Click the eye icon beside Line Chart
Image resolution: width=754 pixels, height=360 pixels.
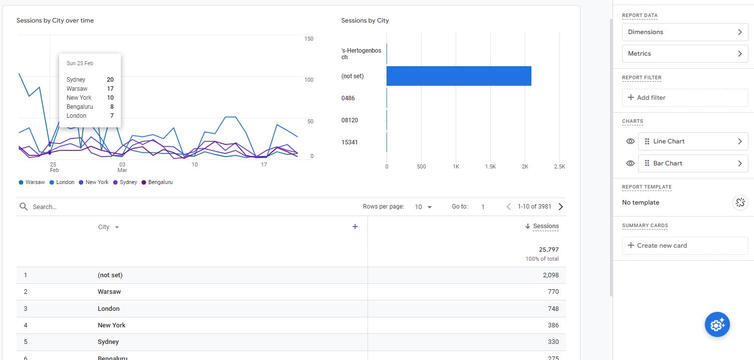point(630,141)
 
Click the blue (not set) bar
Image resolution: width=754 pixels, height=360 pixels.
point(458,76)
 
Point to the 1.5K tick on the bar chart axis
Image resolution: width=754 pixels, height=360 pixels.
point(490,166)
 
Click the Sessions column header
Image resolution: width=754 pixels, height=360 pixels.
point(545,226)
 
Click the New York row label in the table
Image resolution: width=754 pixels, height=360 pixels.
point(111,325)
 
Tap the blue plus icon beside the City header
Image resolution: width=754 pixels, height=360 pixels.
point(355,227)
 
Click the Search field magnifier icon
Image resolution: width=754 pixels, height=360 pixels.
point(23,207)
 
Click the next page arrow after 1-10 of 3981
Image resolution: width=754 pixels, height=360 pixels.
point(560,207)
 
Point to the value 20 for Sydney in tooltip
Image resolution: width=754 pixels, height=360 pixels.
point(110,80)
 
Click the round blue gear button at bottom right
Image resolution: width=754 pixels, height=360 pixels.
point(717,325)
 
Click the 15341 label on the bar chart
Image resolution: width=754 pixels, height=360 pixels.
point(349,142)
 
